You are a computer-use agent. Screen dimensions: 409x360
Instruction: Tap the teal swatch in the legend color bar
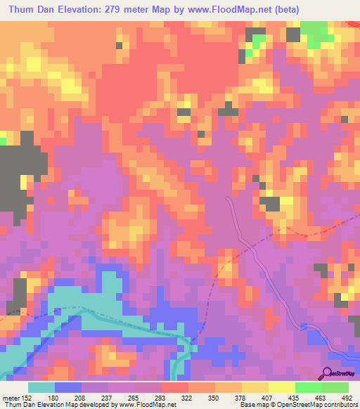click(41, 387)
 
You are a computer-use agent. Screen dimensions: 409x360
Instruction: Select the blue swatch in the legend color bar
click(67, 387)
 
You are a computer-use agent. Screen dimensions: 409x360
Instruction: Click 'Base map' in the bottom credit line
click(251, 405)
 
